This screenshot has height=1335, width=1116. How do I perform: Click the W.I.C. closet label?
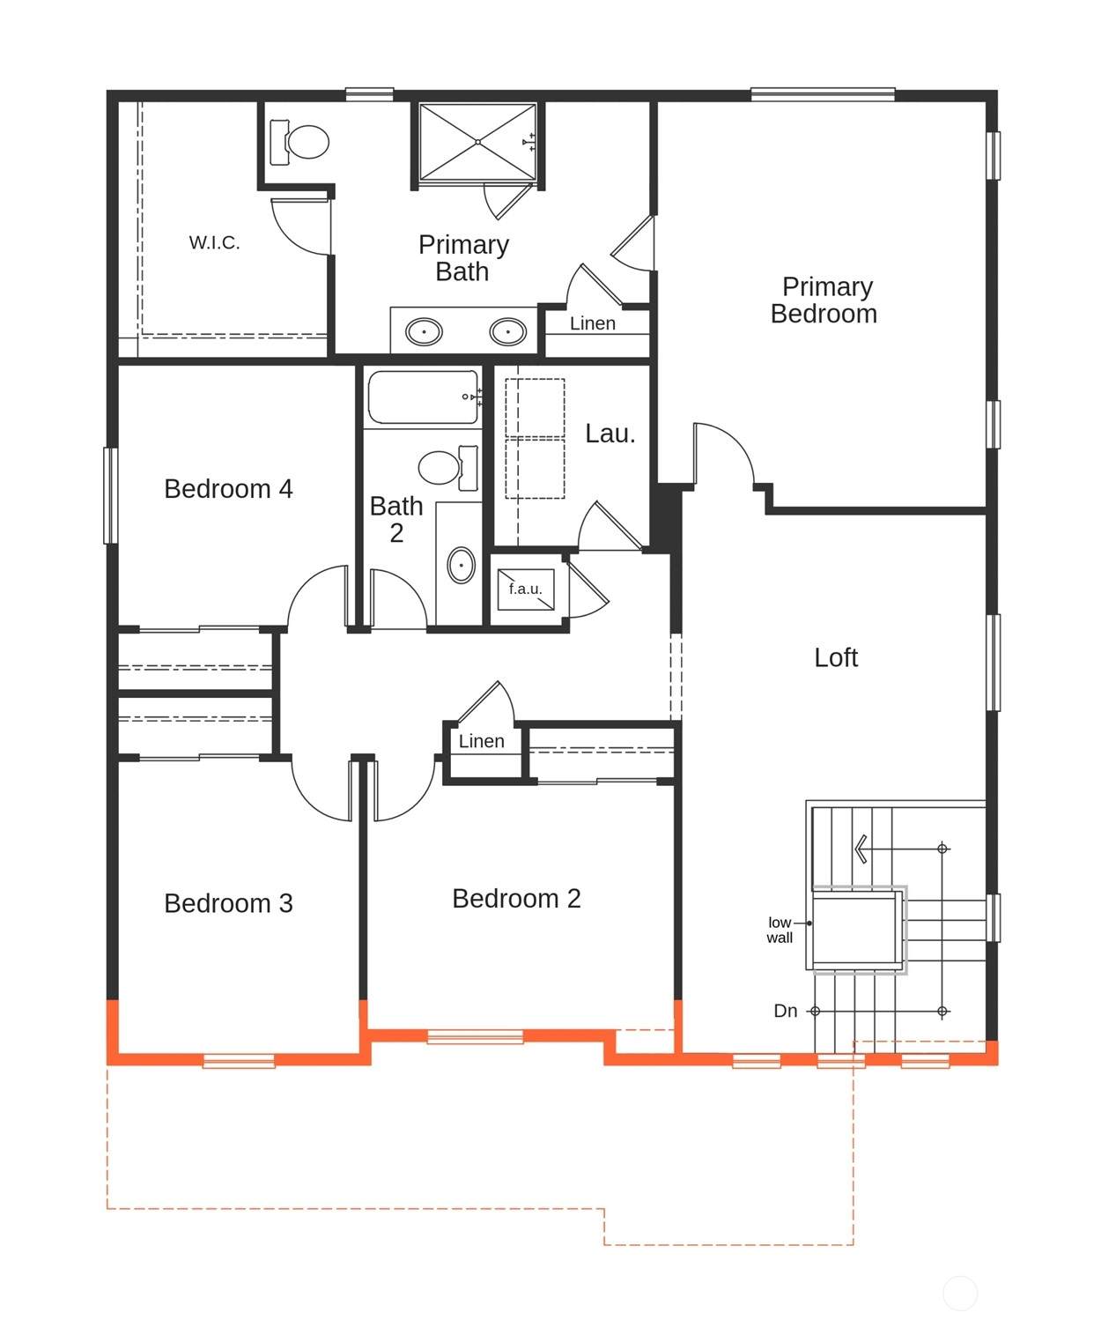[x=214, y=243]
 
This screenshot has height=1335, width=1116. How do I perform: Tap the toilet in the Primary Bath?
[x=299, y=142]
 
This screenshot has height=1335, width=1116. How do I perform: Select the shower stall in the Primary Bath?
[x=477, y=142]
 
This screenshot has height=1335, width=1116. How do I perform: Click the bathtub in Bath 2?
[x=423, y=397]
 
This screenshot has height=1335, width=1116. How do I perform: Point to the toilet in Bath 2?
[x=448, y=467]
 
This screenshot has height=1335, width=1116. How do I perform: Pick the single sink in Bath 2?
[x=461, y=565]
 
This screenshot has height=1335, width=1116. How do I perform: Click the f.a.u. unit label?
[x=525, y=589]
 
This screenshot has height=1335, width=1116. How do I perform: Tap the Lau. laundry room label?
[x=610, y=434]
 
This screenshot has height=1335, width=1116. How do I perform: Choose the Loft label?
[x=835, y=657]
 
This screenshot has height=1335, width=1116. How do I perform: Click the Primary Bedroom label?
[x=824, y=300]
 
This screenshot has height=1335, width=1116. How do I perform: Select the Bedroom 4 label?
[x=228, y=489]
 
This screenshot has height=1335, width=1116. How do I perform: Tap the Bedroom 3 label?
[x=228, y=903]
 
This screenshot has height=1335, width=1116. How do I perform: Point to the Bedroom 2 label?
[x=516, y=898]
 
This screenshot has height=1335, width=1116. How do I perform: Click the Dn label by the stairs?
[x=785, y=1011]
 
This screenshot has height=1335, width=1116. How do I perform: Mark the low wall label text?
[x=780, y=931]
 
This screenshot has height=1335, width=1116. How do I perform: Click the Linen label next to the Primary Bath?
[x=593, y=323]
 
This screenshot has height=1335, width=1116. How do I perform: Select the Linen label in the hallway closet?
[x=481, y=741]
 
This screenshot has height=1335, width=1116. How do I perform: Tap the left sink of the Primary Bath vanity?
[x=423, y=332]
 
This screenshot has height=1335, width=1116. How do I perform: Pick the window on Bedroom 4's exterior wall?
[x=111, y=495]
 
